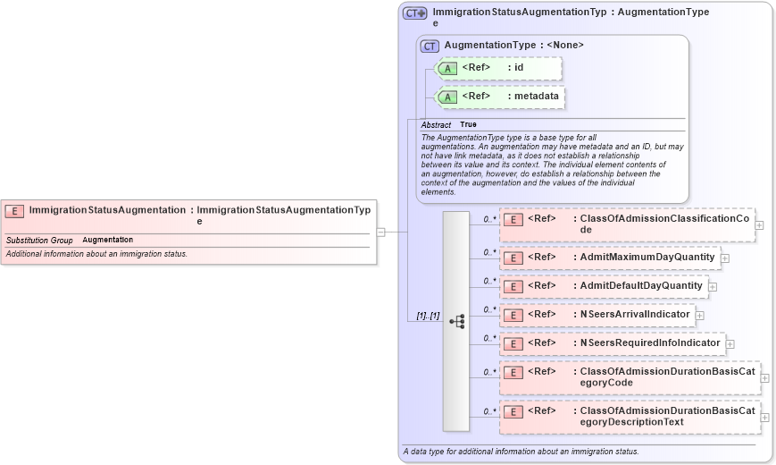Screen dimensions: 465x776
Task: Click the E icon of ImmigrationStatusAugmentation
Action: click(x=14, y=211)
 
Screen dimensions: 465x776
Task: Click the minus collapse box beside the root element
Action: click(x=380, y=232)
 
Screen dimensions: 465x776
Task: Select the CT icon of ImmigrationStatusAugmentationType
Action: click(x=414, y=13)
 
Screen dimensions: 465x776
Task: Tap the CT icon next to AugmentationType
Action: click(x=430, y=46)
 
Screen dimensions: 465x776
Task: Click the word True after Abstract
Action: click(x=468, y=125)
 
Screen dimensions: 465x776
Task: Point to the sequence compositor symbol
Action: click(x=456, y=321)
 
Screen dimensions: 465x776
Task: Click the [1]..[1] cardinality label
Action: click(x=428, y=316)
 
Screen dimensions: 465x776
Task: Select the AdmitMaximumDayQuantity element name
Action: click(x=647, y=258)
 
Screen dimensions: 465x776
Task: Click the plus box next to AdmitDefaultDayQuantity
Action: click(x=713, y=287)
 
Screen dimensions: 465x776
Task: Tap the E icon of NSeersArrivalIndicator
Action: click(x=513, y=315)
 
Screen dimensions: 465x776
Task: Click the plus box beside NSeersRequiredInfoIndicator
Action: click(x=730, y=343)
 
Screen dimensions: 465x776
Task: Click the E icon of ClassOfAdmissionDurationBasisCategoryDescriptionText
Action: click(x=513, y=412)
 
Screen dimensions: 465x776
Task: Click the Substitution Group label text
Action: click(x=39, y=241)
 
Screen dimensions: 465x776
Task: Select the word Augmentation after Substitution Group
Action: click(x=107, y=241)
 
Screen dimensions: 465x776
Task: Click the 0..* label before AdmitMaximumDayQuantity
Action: click(x=489, y=252)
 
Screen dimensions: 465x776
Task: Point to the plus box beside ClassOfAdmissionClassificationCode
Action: click(x=759, y=225)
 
